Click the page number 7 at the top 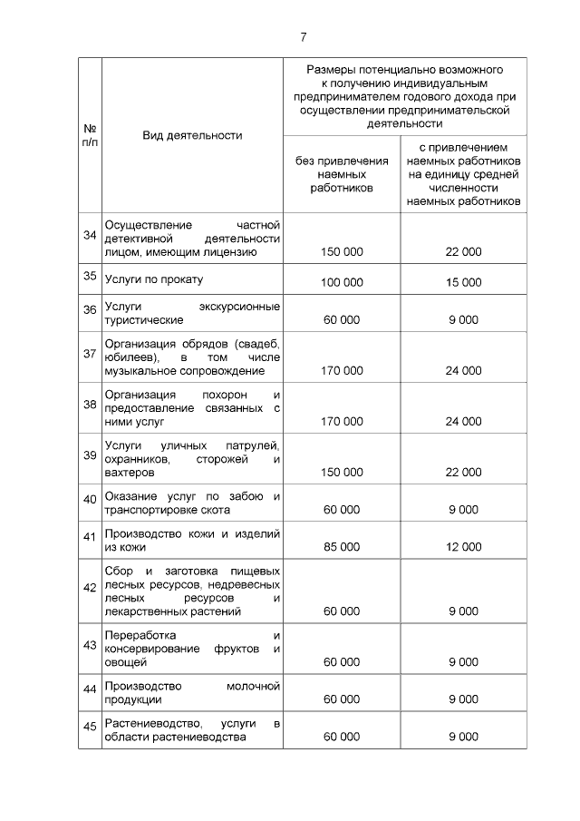(x=304, y=37)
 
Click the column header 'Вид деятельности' (x=192, y=135)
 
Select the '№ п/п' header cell (x=90, y=135)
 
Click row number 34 (x=90, y=236)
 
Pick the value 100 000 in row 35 (x=342, y=283)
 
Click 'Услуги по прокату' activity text (x=154, y=279)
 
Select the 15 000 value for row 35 (x=463, y=283)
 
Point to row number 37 (x=90, y=354)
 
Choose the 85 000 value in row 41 (x=342, y=547)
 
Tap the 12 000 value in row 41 (x=463, y=547)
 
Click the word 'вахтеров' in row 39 (x=130, y=474)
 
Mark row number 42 (x=90, y=588)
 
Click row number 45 (x=90, y=725)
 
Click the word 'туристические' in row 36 (x=144, y=320)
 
